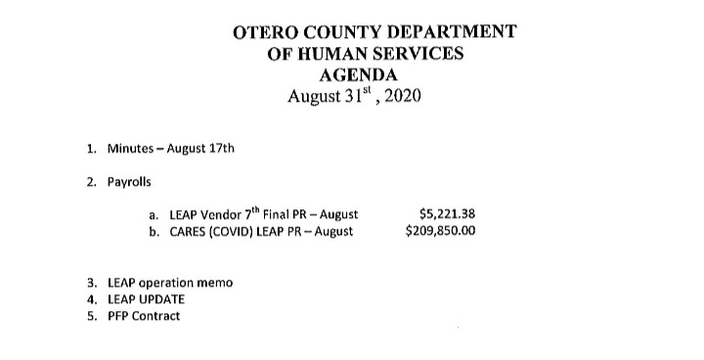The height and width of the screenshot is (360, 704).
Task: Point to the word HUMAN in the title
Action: [334, 53]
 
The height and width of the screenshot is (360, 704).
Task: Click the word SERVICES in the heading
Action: [421, 53]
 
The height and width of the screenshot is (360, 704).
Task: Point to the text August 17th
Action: [202, 149]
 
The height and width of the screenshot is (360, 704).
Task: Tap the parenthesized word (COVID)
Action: [239, 233]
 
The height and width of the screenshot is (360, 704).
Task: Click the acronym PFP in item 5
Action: [118, 317]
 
